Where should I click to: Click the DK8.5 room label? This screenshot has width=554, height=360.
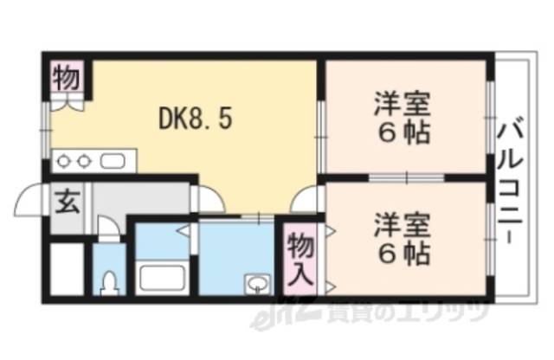tap(194, 119)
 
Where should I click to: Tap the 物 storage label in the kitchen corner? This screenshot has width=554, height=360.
tap(67, 77)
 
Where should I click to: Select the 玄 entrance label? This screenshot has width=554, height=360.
tap(66, 204)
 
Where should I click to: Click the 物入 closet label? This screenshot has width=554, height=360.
tap(300, 257)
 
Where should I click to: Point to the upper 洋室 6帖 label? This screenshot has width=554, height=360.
tap(403, 122)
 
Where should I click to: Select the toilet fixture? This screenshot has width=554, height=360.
tap(109, 282)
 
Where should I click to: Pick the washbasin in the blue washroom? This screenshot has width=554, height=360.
tap(257, 283)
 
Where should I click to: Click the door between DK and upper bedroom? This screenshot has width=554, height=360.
tap(319, 121)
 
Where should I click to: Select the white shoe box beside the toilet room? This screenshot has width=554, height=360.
tap(65, 270)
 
